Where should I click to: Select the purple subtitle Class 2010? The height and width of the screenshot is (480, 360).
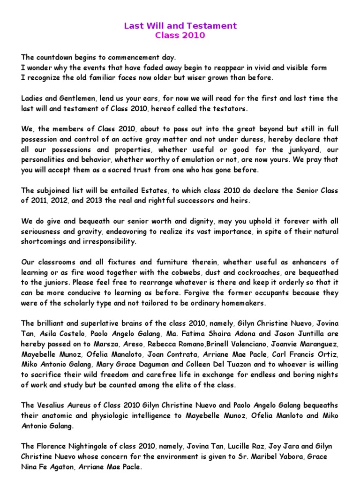tap(180, 35)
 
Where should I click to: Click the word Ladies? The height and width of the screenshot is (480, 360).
tap(33, 98)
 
